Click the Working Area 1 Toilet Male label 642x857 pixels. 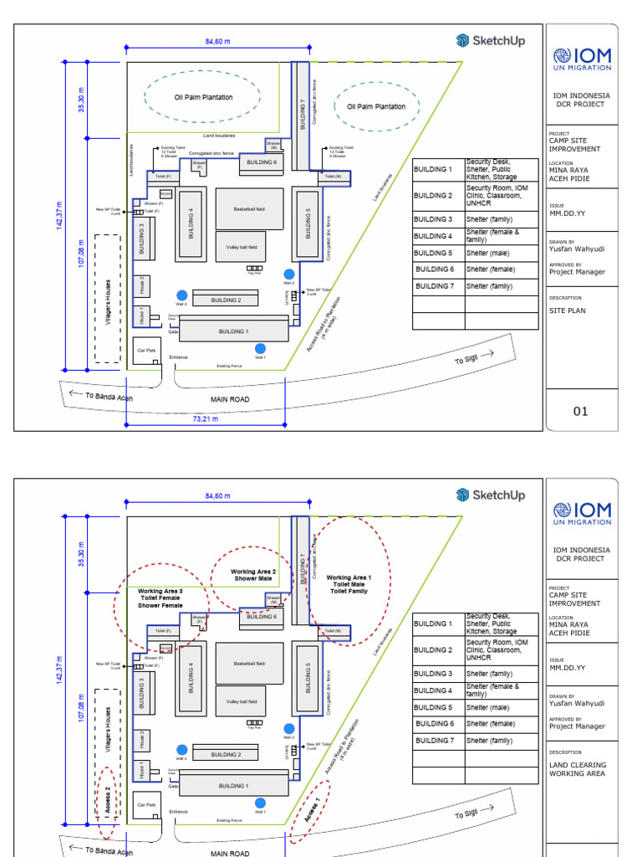pos(349,584)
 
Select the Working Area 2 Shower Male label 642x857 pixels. pos(253,575)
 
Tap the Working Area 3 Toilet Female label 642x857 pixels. pos(160,598)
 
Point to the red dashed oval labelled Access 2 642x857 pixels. pos(106,802)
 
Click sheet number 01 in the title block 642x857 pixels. pos(580,411)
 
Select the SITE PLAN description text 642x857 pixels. pos(567,310)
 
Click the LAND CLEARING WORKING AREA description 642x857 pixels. pos(578,769)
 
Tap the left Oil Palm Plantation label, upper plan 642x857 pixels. pos(203,97)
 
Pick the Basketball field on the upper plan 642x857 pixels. pos(249,208)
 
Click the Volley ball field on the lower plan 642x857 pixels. pos(249,701)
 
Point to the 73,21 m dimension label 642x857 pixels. pos(205,418)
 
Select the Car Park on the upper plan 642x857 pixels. pos(148,351)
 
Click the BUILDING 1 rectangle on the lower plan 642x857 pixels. pos(233,786)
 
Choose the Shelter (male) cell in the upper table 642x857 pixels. pos(501,253)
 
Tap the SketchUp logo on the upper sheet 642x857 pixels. pos(491,40)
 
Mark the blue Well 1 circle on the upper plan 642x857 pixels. pos(260,348)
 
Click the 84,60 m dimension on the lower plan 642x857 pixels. pos(217,496)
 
